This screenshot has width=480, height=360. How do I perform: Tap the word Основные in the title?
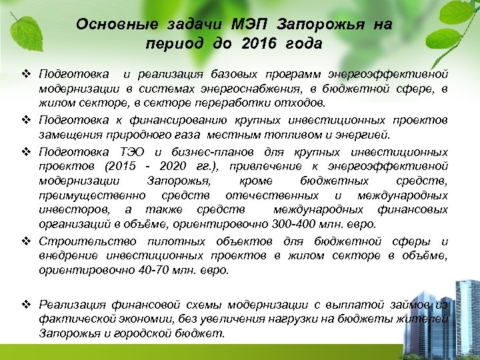point(107,25)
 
